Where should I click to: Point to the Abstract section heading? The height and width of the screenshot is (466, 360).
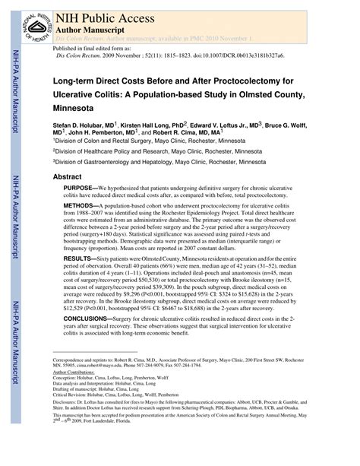[x=67, y=176]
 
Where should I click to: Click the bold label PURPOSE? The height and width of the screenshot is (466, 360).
[x=79, y=187]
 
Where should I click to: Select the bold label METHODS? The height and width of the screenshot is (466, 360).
[x=79, y=206]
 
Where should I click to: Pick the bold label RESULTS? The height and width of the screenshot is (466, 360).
[x=78, y=259]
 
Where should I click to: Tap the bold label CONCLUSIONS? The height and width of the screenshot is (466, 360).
[x=87, y=321]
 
